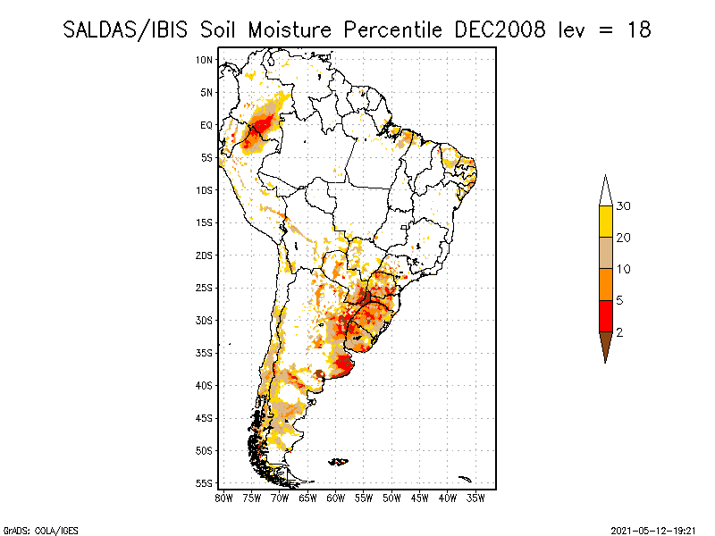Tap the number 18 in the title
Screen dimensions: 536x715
coord(638,29)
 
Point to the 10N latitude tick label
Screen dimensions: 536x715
coord(204,60)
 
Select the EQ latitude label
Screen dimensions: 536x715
coord(206,126)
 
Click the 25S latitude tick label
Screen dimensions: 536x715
coord(204,288)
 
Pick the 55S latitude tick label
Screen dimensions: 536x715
coord(204,483)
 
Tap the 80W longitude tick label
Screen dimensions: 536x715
coord(223,497)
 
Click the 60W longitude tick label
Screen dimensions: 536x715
coord(336,497)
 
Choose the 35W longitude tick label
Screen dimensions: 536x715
coord(476,497)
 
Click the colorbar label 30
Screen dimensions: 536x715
coord(624,206)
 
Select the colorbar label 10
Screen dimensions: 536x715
coord(624,269)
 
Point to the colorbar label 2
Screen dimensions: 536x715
coord(619,332)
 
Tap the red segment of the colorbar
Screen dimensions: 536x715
coord(605,315)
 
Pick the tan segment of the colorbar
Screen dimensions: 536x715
coord(605,253)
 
